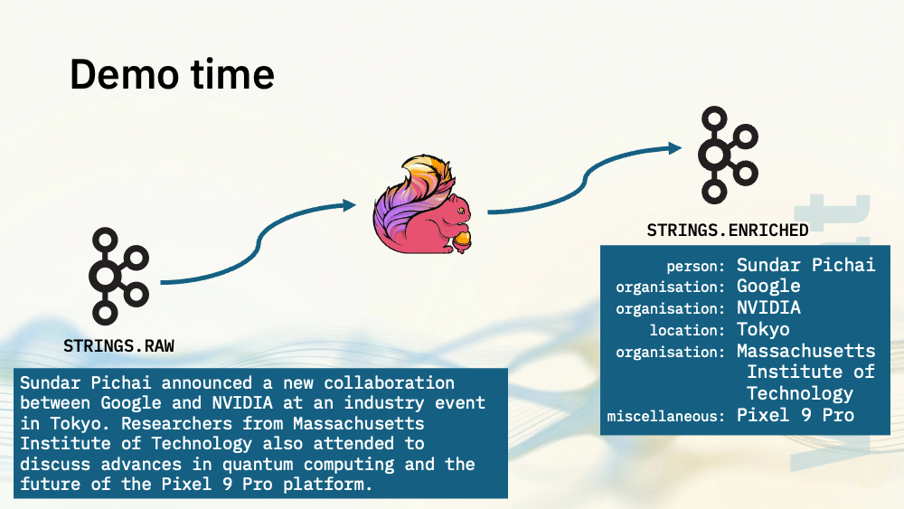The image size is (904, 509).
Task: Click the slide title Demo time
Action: click(x=172, y=75)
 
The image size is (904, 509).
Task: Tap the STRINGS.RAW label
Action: click(x=118, y=346)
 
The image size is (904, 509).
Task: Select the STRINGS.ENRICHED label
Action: click(x=728, y=231)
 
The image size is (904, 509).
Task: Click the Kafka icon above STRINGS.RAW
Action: click(x=118, y=276)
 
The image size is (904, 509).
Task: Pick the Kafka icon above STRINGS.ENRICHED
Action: click(x=728, y=155)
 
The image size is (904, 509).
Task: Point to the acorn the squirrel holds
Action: click(x=462, y=240)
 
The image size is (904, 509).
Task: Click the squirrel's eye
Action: click(x=459, y=211)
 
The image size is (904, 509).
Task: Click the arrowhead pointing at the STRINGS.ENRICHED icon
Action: click(x=675, y=148)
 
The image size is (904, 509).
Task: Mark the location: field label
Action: click(x=687, y=330)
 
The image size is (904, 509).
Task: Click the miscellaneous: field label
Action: click(x=666, y=416)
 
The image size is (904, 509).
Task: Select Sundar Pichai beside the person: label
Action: click(x=806, y=265)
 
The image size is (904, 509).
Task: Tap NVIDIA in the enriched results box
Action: click(x=768, y=307)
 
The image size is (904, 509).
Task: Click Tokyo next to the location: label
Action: click(x=763, y=330)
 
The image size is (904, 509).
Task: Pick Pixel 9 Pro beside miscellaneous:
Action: click(x=796, y=415)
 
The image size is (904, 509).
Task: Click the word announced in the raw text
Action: click(x=206, y=382)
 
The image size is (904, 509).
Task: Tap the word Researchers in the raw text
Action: click(x=176, y=424)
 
